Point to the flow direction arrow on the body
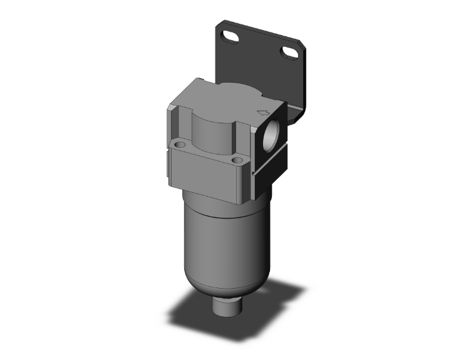pyautogui.click(x=263, y=113)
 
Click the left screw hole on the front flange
pyautogui.click(x=181, y=145)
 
